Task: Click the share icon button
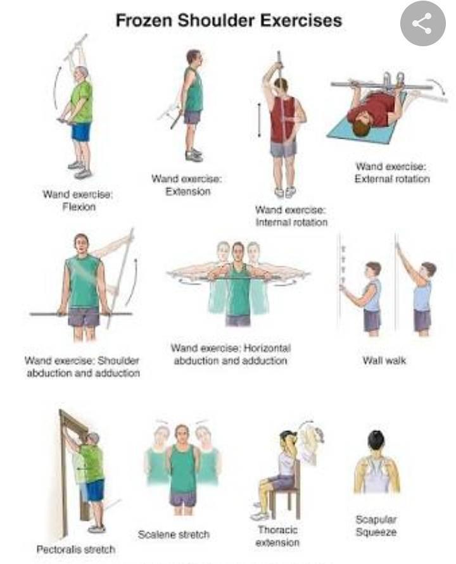[x=423, y=23]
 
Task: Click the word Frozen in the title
[x=144, y=20]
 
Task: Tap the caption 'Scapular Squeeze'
[x=376, y=525]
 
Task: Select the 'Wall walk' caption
[x=384, y=360]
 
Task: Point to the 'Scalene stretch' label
[x=174, y=534]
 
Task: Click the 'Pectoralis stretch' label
[x=76, y=549]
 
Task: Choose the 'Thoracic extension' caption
[x=277, y=536]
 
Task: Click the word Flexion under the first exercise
[x=79, y=207]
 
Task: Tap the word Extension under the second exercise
[x=188, y=191]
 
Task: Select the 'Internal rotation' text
[x=291, y=222]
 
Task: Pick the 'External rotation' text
[x=392, y=179]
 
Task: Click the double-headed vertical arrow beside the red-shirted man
[x=259, y=120]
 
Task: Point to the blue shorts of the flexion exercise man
[x=81, y=132]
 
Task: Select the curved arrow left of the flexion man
[x=55, y=86]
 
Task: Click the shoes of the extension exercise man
[x=194, y=154]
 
